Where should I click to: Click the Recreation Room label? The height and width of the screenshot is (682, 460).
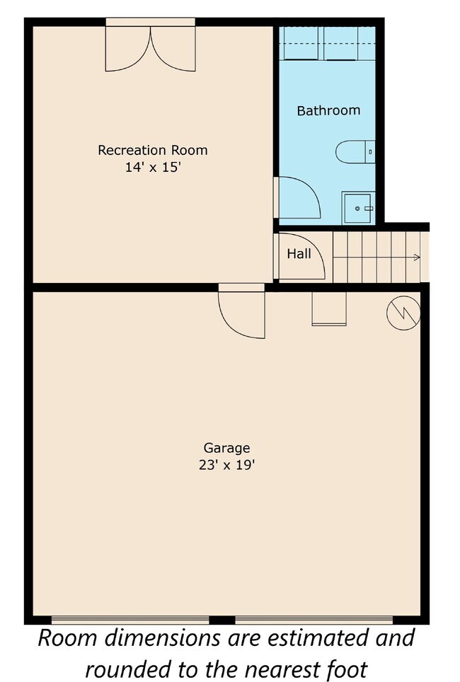pos(152,150)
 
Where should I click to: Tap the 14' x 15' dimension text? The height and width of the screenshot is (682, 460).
pos(152,168)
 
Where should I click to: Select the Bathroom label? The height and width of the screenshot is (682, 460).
pos(328,110)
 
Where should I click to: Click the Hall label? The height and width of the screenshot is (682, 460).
pos(299,253)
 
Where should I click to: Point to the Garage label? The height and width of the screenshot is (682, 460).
pos(226,448)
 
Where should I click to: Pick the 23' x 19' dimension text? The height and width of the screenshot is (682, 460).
pos(226,466)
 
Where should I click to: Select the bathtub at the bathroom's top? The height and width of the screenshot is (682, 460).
pos(327,44)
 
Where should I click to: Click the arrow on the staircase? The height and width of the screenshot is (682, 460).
pos(415,258)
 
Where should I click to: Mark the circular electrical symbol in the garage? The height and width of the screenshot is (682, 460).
pos(403,312)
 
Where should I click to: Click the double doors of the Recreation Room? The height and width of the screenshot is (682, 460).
pos(150,48)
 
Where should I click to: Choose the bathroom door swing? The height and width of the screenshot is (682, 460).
pos(299,198)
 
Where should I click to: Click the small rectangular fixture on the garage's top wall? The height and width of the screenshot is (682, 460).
pos(329,309)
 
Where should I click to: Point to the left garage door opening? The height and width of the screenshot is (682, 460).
pos(131,620)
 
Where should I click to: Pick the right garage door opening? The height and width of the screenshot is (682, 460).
pos(326,620)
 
